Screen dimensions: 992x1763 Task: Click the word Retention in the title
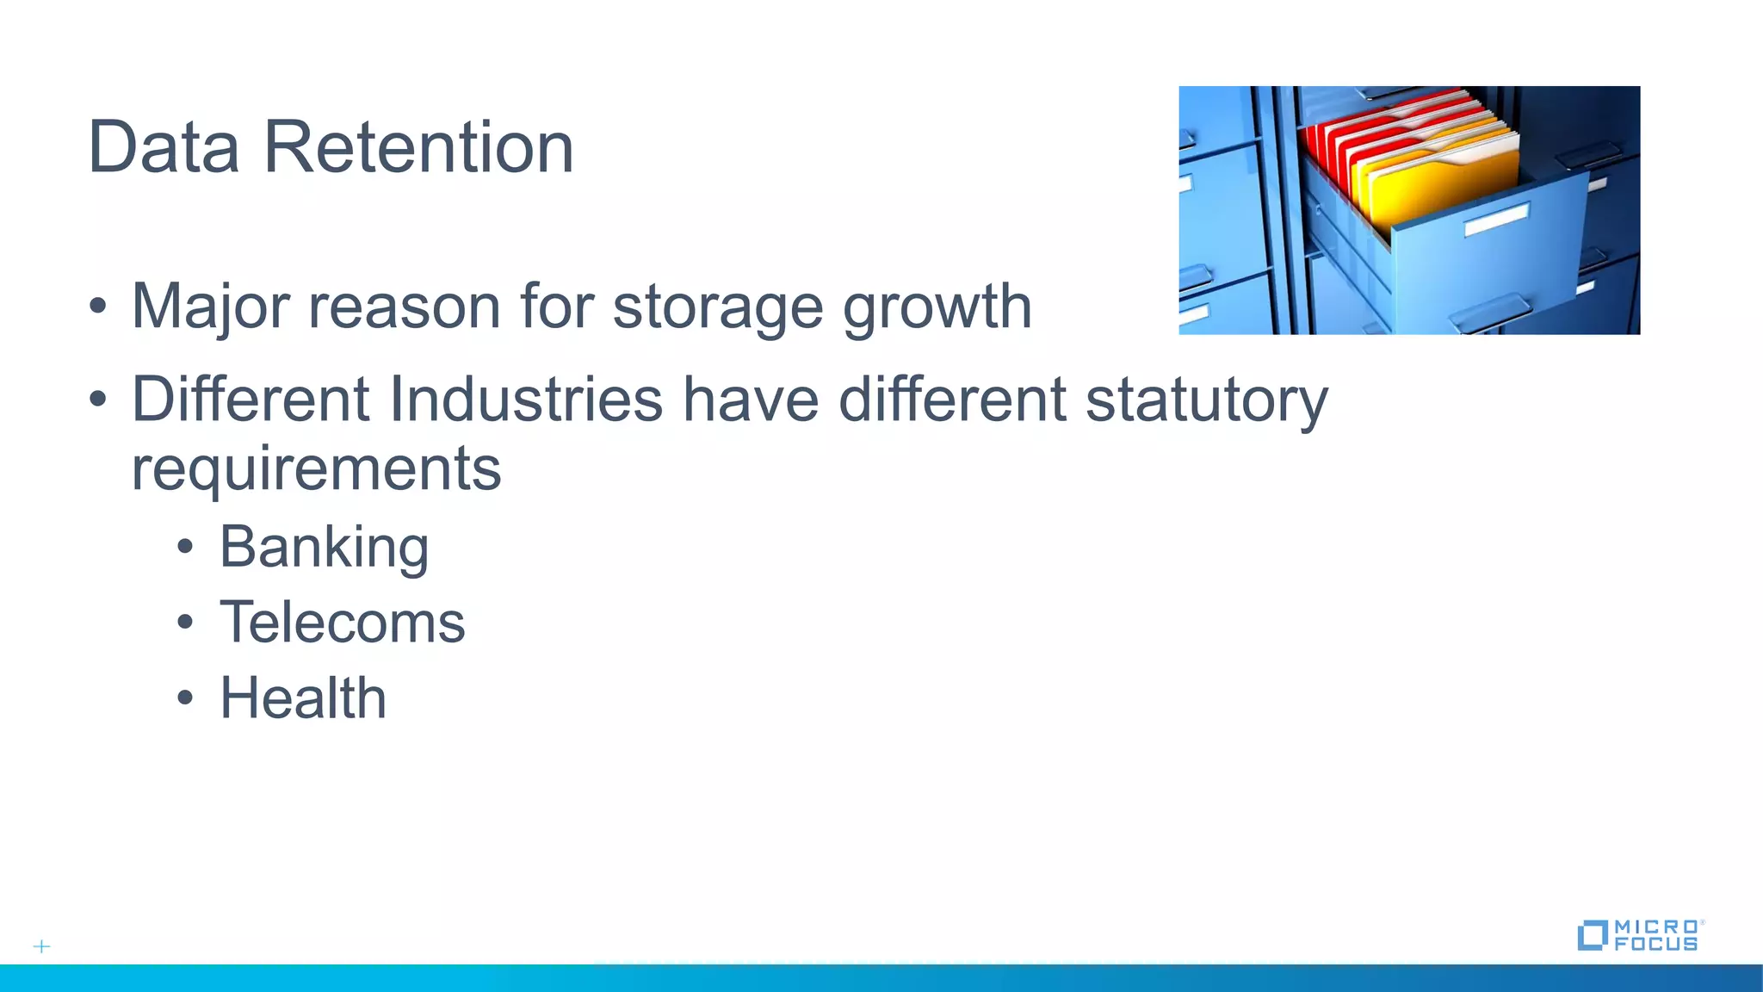coord(418,147)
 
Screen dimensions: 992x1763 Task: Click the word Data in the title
coord(164,147)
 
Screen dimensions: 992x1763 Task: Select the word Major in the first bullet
coord(210,307)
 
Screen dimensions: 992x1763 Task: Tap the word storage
coord(717,307)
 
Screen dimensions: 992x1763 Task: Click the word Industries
coord(526,400)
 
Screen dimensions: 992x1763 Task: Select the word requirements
coord(316,469)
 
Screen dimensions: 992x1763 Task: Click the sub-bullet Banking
coord(324,548)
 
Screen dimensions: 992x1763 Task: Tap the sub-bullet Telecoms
coord(342,623)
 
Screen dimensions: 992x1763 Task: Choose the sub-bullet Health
coord(303,697)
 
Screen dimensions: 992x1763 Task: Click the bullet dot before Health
coord(185,698)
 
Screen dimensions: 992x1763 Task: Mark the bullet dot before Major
coord(98,307)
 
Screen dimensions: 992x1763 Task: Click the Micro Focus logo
coord(1639,935)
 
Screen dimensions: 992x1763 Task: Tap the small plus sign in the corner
coord(41,946)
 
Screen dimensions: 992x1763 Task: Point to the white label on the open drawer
coord(1496,219)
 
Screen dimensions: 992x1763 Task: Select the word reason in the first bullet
coord(404,307)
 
